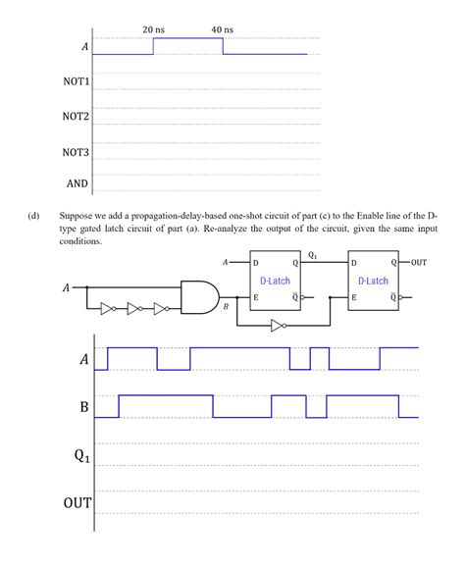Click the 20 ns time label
[x=153, y=30]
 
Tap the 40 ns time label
[x=223, y=30]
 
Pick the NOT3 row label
[x=76, y=152]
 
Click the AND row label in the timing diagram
[x=77, y=183]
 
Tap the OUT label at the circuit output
[x=420, y=263]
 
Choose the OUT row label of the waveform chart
[x=77, y=503]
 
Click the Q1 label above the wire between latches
[x=312, y=255]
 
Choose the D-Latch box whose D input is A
[x=276, y=280]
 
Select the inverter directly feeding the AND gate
[x=162, y=307]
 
